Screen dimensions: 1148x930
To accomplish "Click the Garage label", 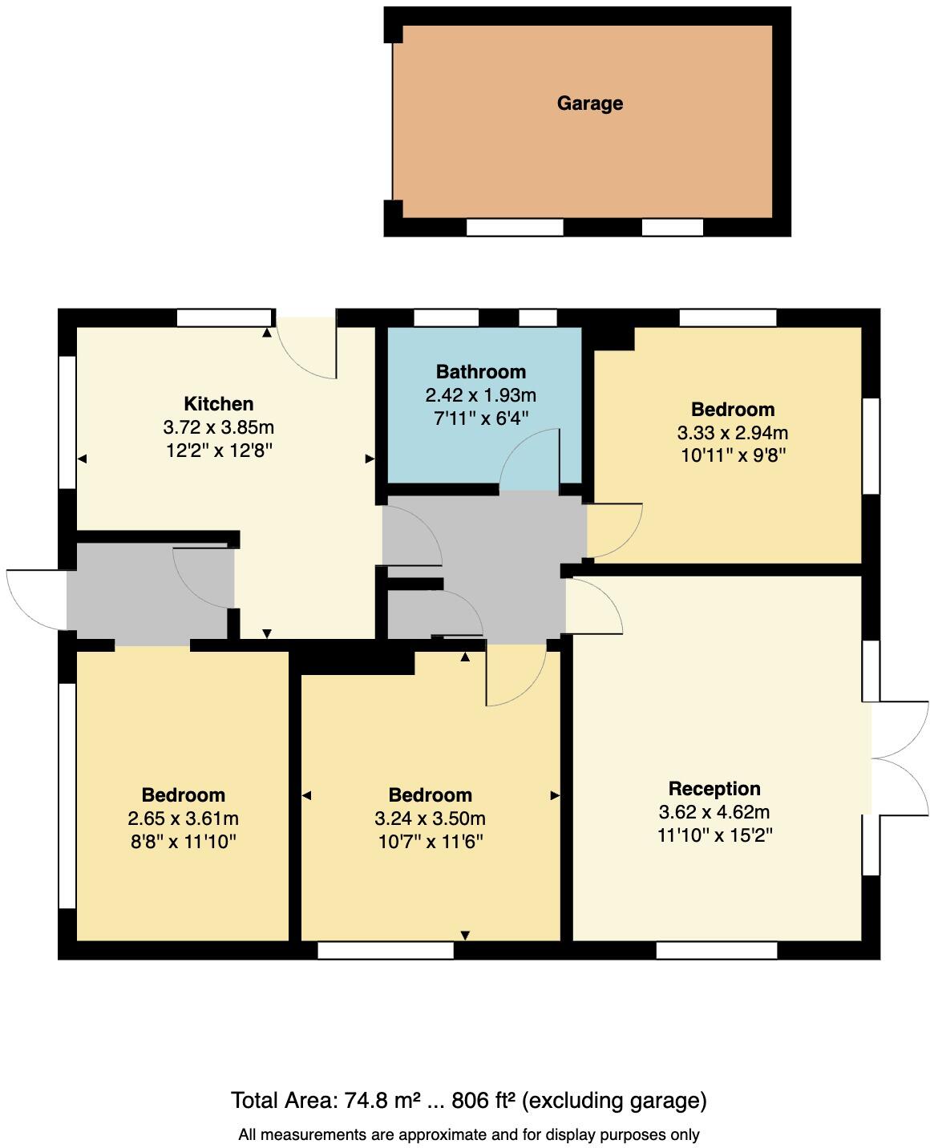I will tap(589, 103).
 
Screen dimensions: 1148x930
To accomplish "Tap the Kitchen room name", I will tap(218, 404).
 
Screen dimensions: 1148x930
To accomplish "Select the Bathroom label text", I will tap(481, 372).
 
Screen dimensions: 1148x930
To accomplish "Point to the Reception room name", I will tap(714, 789).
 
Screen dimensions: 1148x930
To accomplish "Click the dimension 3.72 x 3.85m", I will tap(218, 427).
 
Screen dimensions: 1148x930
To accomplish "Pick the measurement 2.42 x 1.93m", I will tap(481, 395).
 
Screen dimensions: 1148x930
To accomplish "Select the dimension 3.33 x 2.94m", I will tap(733, 433).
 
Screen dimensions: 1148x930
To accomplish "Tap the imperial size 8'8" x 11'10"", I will tap(183, 842).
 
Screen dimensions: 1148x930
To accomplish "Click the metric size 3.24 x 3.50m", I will tap(430, 819).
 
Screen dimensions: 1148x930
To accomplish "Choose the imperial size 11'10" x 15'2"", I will tap(714, 835).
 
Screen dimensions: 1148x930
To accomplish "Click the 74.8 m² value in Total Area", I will tap(383, 1101).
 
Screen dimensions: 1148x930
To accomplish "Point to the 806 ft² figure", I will tap(483, 1101).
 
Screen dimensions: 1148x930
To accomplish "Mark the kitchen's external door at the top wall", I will tap(306, 347).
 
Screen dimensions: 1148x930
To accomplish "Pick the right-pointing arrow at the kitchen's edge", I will tap(370, 459).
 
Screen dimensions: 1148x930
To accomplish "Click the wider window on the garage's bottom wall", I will tap(515, 228).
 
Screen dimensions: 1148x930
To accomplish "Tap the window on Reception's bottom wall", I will tap(717, 951).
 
